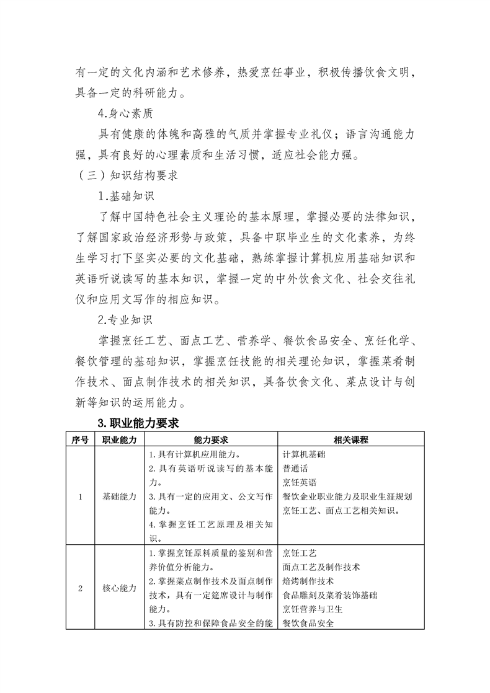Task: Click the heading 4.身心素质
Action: (x=124, y=113)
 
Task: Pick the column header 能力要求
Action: (x=211, y=439)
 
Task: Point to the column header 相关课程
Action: (x=351, y=439)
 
